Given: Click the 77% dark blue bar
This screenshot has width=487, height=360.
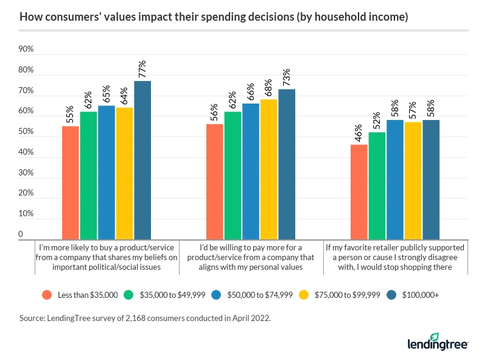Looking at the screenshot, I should (x=142, y=160).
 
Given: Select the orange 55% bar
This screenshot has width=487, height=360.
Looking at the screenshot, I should (x=71, y=182).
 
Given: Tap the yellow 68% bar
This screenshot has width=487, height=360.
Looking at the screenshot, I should (x=269, y=169).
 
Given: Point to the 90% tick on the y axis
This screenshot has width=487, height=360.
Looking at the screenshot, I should (x=26, y=49).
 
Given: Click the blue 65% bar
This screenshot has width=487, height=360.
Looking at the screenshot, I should (x=107, y=172).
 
